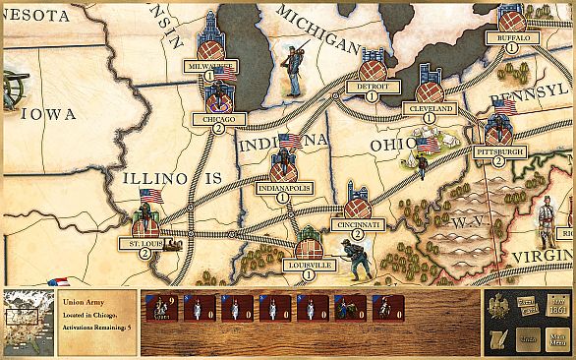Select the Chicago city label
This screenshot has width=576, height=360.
pos(218,118)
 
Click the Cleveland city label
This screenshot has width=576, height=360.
pos(429,107)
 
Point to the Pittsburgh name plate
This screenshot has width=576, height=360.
pos(498,151)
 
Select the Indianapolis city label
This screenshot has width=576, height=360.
pos(283,186)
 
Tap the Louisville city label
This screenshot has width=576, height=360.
pos(309,265)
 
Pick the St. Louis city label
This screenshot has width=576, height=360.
pos(145,242)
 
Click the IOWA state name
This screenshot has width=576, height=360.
pos(48,114)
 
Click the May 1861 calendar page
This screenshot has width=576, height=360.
pos(559,308)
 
